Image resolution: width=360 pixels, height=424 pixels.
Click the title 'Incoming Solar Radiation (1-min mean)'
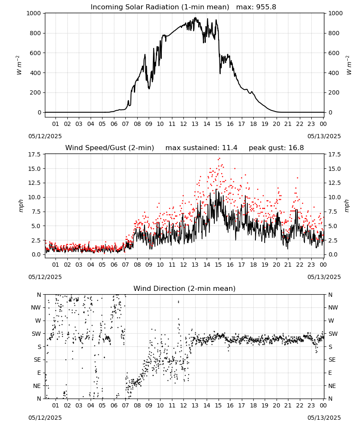(x=160, y=7)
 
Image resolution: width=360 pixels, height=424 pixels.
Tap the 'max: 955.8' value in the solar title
(x=256, y=7)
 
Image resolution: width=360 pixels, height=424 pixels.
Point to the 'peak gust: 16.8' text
(x=276, y=148)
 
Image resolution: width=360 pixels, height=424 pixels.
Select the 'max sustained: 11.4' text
(x=201, y=148)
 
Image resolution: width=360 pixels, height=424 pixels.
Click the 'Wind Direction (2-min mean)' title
(x=185, y=288)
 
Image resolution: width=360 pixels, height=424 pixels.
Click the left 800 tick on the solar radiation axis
(x=36, y=33)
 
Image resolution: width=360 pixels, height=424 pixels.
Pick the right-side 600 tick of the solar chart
(x=334, y=53)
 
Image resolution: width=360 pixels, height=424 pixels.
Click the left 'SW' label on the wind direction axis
(x=36, y=334)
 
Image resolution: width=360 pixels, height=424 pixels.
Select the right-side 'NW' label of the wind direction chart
(x=333, y=308)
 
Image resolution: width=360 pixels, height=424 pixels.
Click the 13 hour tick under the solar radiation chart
(x=195, y=124)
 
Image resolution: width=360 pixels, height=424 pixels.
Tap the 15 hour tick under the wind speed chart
(x=218, y=265)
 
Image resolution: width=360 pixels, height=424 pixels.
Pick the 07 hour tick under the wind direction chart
(x=125, y=406)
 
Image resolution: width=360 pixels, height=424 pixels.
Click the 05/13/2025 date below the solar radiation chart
(x=324, y=136)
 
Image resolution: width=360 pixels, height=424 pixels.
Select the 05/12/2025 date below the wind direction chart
(x=45, y=418)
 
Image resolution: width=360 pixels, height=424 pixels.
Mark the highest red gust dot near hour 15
(x=219, y=159)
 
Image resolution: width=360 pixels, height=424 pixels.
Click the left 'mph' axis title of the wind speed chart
(x=21, y=206)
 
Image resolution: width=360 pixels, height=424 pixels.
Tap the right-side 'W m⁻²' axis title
(x=349, y=65)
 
